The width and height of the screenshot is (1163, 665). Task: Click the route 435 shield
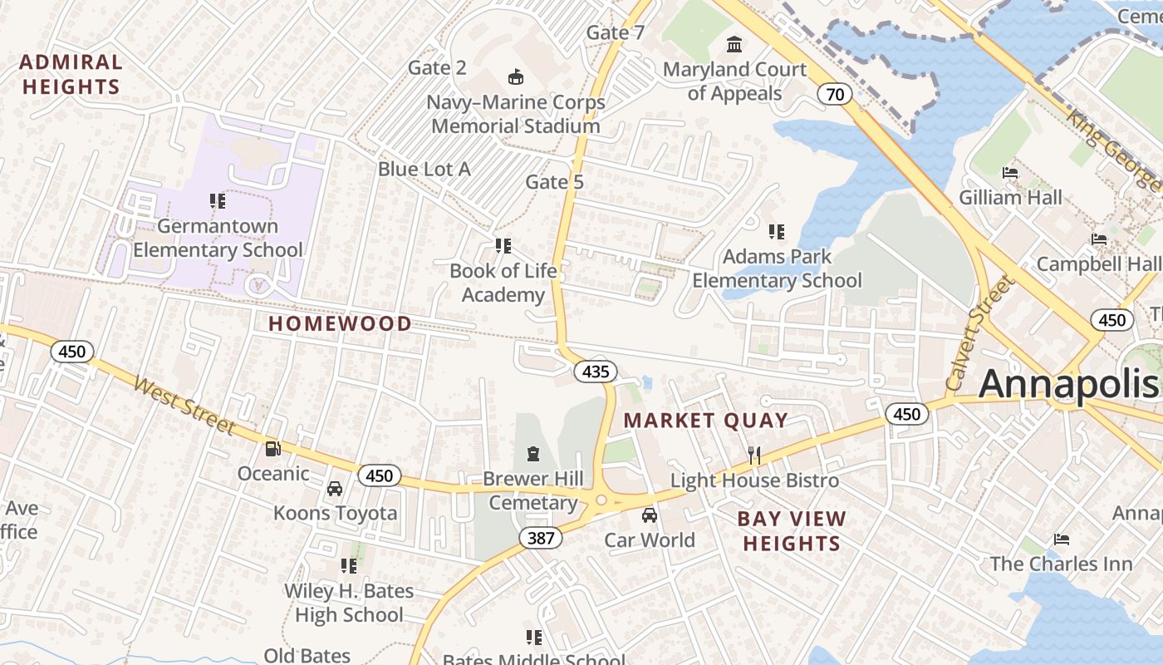coord(596,372)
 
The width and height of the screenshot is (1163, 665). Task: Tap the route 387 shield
coord(541,538)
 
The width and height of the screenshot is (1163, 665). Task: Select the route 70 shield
coord(835,94)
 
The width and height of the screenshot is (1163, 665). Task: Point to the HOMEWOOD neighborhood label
coord(340,324)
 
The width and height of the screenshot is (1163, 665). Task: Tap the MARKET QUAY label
coord(705,421)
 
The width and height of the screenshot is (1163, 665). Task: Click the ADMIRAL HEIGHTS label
coord(71,74)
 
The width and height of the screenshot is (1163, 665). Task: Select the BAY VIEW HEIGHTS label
coord(792,531)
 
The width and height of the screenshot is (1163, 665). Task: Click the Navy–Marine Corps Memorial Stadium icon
coord(516,77)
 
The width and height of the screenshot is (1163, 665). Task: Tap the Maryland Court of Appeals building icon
coord(734,44)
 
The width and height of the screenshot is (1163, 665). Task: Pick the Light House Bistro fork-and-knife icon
coord(754,455)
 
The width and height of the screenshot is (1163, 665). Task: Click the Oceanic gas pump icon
coord(272,449)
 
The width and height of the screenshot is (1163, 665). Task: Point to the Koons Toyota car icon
coord(335,489)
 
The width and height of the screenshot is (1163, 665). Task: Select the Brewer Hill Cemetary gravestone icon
coord(532,454)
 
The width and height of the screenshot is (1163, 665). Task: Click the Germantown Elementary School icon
coord(218,200)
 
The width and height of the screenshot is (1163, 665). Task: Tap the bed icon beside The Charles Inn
coord(1062,539)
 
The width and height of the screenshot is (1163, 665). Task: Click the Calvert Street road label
coord(980,333)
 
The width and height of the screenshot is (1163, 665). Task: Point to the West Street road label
coord(184,406)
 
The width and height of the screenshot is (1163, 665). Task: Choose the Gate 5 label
coord(554,182)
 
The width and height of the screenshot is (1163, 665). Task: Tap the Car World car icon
coord(650,515)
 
